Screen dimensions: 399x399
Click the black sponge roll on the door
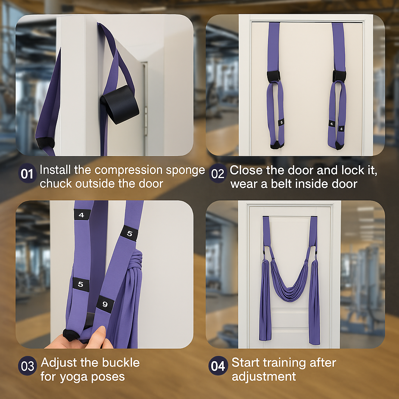coord(120,104)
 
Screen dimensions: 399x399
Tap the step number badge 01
coord(26,174)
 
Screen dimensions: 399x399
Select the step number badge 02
coord(217,174)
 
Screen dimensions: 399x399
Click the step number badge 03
coord(27,366)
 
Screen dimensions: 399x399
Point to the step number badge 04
coord(218,366)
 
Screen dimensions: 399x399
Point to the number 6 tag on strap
coord(281,122)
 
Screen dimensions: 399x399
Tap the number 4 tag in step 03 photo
coord(81,215)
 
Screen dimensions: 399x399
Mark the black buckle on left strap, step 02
coord(274,76)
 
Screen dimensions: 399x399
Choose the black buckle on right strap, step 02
coord(339,76)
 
